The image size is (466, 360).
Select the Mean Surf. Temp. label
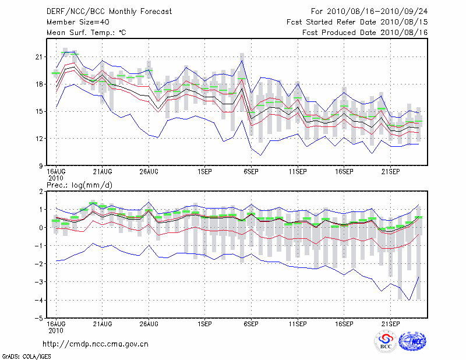[x=86, y=33]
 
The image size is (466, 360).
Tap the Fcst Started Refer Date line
[x=357, y=22]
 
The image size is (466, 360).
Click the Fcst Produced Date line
[x=365, y=33]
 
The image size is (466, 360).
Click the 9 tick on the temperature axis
[x=40, y=166]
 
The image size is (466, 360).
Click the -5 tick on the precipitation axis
[x=38, y=318]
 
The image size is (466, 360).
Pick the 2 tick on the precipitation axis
[x=41, y=191]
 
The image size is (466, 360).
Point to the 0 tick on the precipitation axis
[x=41, y=228]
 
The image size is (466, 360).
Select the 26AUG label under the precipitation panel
[x=149, y=323]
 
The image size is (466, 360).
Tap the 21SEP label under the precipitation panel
[x=390, y=323]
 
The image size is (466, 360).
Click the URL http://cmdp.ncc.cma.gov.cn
[x=96, y=344]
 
